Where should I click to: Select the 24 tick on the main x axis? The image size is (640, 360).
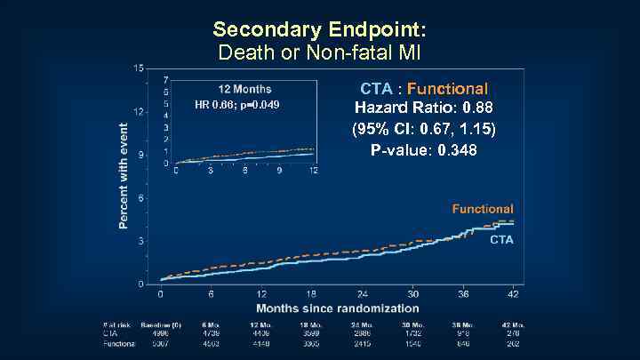point(363,294)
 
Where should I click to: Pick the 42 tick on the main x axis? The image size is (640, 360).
point(514,294)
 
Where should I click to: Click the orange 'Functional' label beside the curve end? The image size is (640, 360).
point(483,209)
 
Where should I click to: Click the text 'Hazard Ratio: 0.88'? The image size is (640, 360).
point(423,108)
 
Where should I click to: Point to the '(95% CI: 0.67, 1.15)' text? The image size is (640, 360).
point(423,129)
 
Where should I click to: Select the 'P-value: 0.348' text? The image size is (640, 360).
point(423,150)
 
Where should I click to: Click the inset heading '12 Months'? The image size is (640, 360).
point(245,89)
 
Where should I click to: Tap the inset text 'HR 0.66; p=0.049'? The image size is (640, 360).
point(236,105)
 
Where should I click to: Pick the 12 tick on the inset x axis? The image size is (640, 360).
point(312,171)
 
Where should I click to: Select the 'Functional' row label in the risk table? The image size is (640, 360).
point(118,343)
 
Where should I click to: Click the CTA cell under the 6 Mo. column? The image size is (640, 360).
point(211,334)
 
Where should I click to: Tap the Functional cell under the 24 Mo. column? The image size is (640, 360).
point(363,343)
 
